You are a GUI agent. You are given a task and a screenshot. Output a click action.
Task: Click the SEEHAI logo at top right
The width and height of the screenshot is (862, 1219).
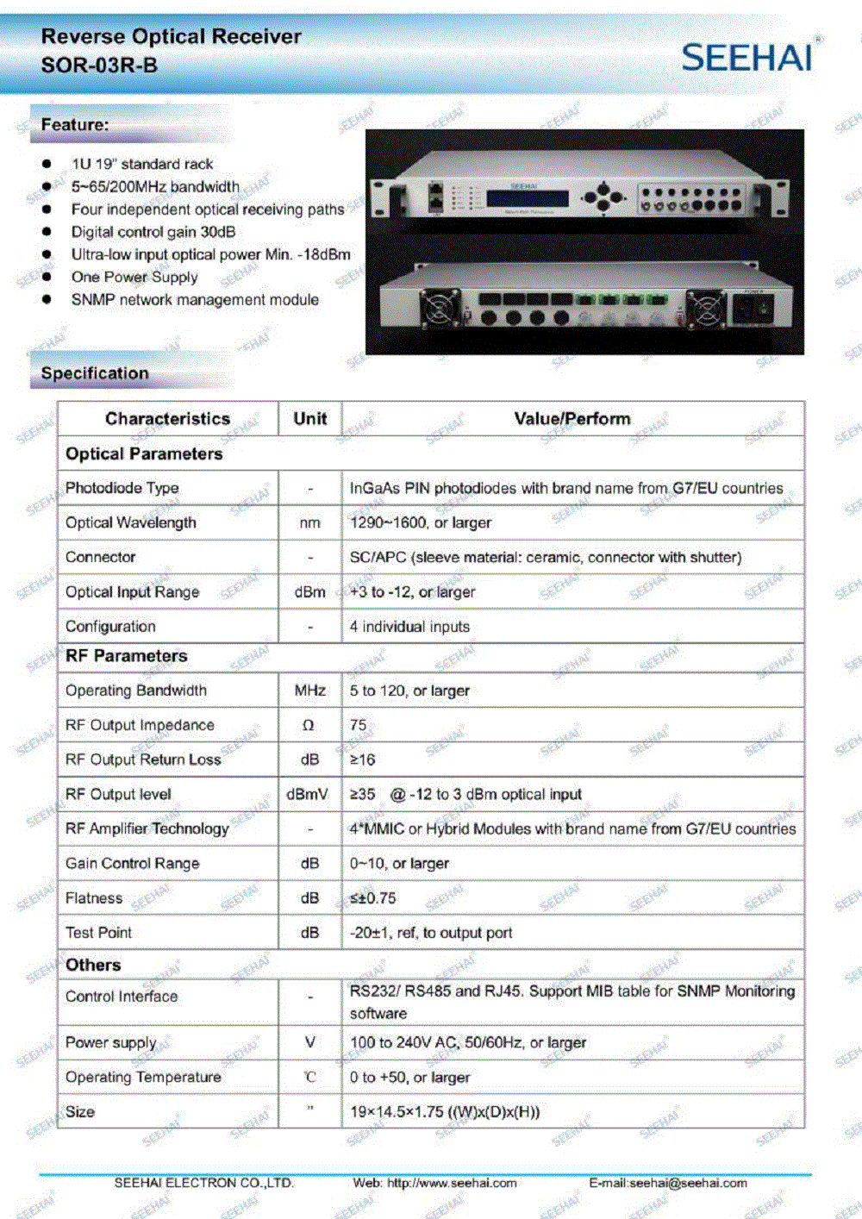[747, 57]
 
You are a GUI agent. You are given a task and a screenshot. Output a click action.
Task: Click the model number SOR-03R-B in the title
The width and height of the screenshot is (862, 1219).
[99, 66]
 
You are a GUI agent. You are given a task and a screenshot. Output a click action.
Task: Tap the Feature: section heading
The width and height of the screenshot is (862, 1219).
[75, 125]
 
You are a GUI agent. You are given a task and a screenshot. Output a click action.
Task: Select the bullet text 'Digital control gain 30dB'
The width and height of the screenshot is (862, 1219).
[153, 232]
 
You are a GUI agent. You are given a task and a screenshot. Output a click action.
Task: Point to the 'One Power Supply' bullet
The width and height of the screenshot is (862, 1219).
[134, 277]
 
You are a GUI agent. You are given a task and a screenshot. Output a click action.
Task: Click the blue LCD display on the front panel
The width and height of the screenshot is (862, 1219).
[527, 198]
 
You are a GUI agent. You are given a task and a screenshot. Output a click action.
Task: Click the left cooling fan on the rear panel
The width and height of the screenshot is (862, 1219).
[440, 309]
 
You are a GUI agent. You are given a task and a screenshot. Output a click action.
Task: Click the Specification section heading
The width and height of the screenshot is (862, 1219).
[95, 373]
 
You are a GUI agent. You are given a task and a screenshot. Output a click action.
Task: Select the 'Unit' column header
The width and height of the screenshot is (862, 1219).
[309, 419]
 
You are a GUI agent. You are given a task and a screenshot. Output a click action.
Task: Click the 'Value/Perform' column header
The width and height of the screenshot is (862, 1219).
[572, 419]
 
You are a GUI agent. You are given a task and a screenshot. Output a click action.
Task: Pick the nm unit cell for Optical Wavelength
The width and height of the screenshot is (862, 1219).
[309, 523]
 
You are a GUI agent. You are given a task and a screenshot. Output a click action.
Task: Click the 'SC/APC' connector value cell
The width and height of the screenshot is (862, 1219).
[545, 558]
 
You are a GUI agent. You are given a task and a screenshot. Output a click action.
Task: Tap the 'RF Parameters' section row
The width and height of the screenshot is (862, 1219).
[127, 656]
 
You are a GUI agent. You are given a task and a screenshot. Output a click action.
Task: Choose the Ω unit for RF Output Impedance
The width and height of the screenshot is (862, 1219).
[309, 726]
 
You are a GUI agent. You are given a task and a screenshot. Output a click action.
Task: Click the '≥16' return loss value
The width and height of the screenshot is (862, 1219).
[362, 760]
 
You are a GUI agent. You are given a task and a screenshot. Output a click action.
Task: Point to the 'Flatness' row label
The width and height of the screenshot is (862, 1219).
[94, 898]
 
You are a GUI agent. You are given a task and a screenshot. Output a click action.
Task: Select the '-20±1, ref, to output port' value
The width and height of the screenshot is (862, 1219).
[430, 933]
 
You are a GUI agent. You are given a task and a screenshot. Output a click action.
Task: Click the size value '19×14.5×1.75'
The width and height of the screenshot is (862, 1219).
[444, 1112]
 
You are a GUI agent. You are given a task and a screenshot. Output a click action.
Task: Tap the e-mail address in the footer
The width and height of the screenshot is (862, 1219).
[668, 1183]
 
